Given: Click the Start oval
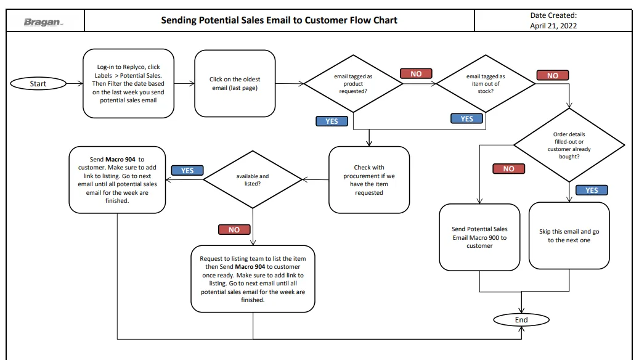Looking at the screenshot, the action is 38,84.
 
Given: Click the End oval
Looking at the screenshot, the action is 521,320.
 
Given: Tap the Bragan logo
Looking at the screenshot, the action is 43,22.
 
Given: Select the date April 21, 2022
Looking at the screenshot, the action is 553,26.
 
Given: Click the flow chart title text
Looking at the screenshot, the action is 279,20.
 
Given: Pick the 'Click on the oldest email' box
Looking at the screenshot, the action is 235,84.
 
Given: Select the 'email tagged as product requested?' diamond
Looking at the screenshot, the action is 353,84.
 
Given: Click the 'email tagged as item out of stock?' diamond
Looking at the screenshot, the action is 486,84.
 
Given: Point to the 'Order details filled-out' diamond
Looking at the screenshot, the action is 569,145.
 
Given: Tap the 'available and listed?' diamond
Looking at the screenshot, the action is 253,180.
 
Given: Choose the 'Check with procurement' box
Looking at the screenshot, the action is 369,180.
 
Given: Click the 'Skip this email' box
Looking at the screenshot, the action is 569,235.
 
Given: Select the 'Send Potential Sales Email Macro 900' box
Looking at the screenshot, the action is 479,237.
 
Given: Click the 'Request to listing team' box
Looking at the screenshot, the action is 253,279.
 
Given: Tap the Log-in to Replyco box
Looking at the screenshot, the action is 128,84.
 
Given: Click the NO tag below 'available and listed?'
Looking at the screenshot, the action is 234,229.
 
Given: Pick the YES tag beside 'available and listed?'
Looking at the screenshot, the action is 187,170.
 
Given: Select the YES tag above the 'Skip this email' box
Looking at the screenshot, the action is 592,190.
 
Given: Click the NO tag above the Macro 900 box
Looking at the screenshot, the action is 508,169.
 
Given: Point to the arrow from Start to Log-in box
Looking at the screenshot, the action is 75,84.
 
